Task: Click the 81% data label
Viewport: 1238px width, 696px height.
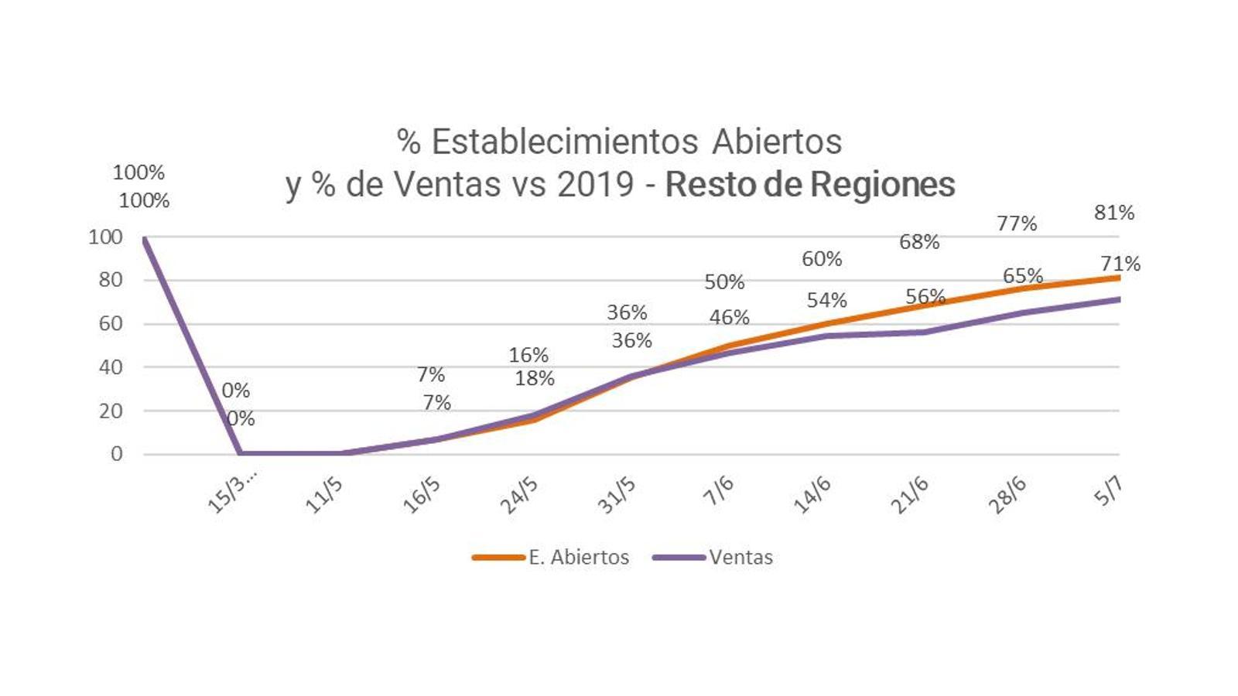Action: (1114, 213)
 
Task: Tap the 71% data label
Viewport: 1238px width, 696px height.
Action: (1120, 264)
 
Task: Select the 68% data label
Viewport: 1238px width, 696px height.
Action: (919, 242)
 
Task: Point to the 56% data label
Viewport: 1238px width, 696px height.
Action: (925, 296)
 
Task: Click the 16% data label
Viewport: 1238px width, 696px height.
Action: (528, 355)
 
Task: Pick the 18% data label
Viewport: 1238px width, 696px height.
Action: (535, 378)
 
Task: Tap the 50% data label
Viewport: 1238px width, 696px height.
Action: (724, 282)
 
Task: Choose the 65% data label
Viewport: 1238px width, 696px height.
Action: (1023, 276)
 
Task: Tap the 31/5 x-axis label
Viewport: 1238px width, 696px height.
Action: (617, 495)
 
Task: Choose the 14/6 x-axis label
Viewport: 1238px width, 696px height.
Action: (812, 495)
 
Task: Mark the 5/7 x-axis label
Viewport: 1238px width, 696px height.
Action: (1108, 491)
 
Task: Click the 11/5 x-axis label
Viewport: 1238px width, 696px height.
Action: (324, 495)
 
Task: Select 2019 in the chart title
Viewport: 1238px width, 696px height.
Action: (596, 185)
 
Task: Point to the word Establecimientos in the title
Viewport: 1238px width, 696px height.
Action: (565, 142)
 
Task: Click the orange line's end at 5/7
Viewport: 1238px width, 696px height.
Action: (1117, 278)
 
